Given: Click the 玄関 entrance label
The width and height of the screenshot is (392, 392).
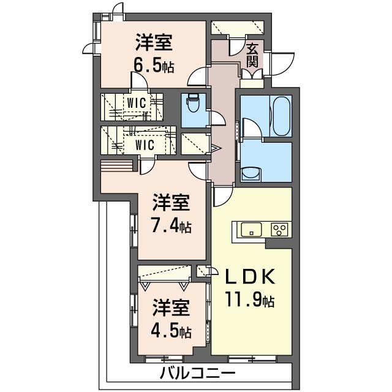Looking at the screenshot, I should click(x=252, y=55).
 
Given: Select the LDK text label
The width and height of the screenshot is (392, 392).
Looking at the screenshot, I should click(x=250, y=277).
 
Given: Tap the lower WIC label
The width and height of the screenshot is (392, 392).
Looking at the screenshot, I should click(x=145, y=145).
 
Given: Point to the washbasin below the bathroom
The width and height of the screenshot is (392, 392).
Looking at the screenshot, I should click(x=251, y=173).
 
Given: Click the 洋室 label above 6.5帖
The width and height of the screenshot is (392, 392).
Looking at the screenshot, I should click(x=154, y=43).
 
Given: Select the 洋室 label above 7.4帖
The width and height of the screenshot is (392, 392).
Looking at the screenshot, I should click(x=171, y=202).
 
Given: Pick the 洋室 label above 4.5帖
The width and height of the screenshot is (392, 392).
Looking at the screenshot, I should click(x=171, y=307).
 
